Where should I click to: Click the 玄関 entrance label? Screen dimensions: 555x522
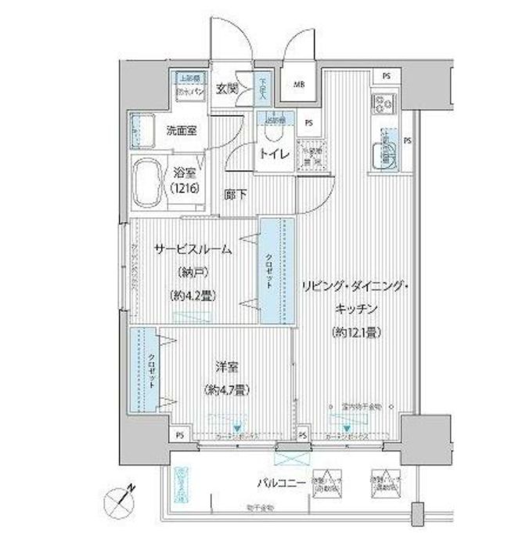pyautogui.click(x=228, y=88)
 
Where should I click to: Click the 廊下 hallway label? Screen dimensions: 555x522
pyautogui.click(x=233, y=196)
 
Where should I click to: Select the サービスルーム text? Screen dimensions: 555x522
pyautogui.click(x=192, y=250)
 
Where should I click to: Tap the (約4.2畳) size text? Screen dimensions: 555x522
pyautogui.click(x=192, y=296)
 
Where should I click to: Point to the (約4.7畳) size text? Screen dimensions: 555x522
pyautogui.click(x=225, y=389)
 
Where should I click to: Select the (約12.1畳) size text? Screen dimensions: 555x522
pyautogui.click(x=355, y=332)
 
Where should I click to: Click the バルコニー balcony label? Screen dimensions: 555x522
pyautogui.click(x=278, y=484)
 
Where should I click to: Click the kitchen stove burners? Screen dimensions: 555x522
pyautogui.click(x=386, y=103)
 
